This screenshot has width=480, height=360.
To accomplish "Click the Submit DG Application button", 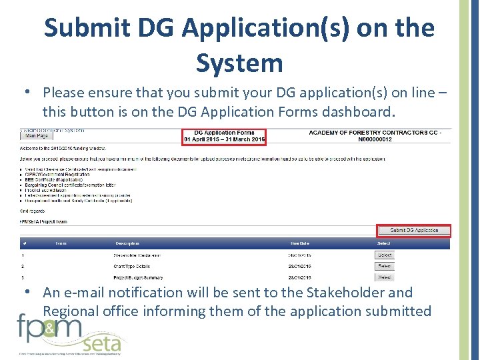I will pyautogui.click(x=414, y=230).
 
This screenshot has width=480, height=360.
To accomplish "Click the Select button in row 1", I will pyautogui.click(x=385, y=255).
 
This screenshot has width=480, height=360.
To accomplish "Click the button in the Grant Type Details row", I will pyautogui.click(x=385, y=266).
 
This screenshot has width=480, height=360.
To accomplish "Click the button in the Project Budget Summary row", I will pyautogui.click(x=385, y=277).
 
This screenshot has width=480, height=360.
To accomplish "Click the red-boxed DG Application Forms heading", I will pyautogui.click(x=224, y=136).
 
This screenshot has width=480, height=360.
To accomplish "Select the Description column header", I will pyautogui.click(x=127, y=243).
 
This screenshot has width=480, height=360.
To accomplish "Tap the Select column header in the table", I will pyautogui.click(x=385, y=243).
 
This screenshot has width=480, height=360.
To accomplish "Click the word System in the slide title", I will pyautogui.click(x=239, y=63).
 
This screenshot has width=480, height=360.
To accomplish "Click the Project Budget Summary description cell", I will pyautogui.click(x=137, y=277).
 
